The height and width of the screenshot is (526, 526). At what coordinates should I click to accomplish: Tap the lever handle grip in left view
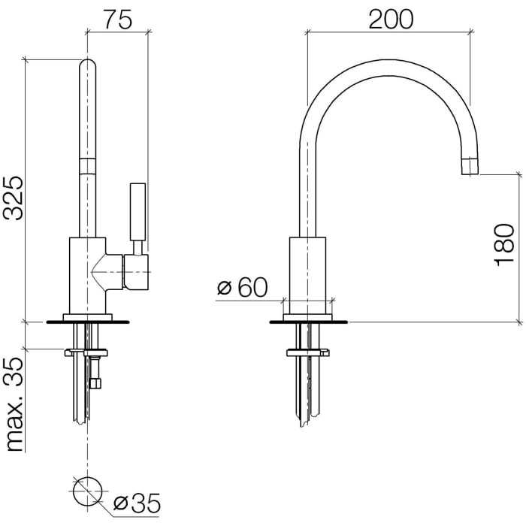138,210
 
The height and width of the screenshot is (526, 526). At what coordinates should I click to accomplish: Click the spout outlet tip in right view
470,166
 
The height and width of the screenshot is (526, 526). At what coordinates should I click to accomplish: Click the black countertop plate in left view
88,323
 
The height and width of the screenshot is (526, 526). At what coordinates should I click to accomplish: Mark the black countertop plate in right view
308,323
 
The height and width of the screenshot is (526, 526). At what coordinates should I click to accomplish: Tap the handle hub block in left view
138,271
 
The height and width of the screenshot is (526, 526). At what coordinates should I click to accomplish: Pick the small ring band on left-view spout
88,166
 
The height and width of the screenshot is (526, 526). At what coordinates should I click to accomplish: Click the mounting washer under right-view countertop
307,351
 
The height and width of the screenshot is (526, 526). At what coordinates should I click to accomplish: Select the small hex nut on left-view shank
95,384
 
